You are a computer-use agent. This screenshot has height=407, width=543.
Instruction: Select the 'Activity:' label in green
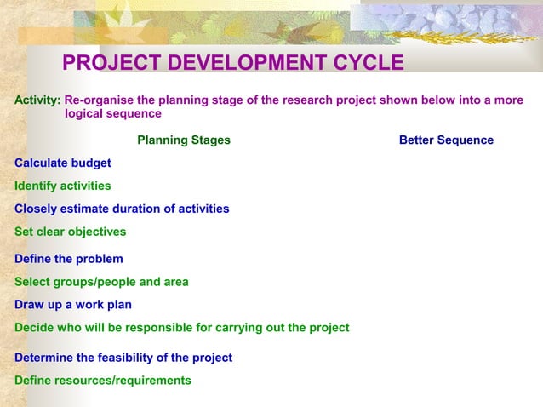click(37, 100)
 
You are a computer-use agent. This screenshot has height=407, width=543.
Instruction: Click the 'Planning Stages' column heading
click(183, 140)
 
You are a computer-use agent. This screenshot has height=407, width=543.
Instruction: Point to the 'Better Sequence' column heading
click(446, 140)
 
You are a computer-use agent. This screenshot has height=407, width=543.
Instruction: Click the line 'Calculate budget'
click(62, 163)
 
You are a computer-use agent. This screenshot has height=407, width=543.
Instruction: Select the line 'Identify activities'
click(62, 186)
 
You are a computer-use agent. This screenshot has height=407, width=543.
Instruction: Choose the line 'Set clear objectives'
click(70, 232)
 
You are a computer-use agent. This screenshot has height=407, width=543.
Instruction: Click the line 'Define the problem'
click(68, 259)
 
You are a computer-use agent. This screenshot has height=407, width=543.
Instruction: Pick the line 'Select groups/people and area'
click(101, 282)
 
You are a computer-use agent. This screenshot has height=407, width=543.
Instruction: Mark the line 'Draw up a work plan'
click(72, 305)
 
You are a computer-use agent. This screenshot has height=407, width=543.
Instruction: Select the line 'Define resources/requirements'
click(102, 381)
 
